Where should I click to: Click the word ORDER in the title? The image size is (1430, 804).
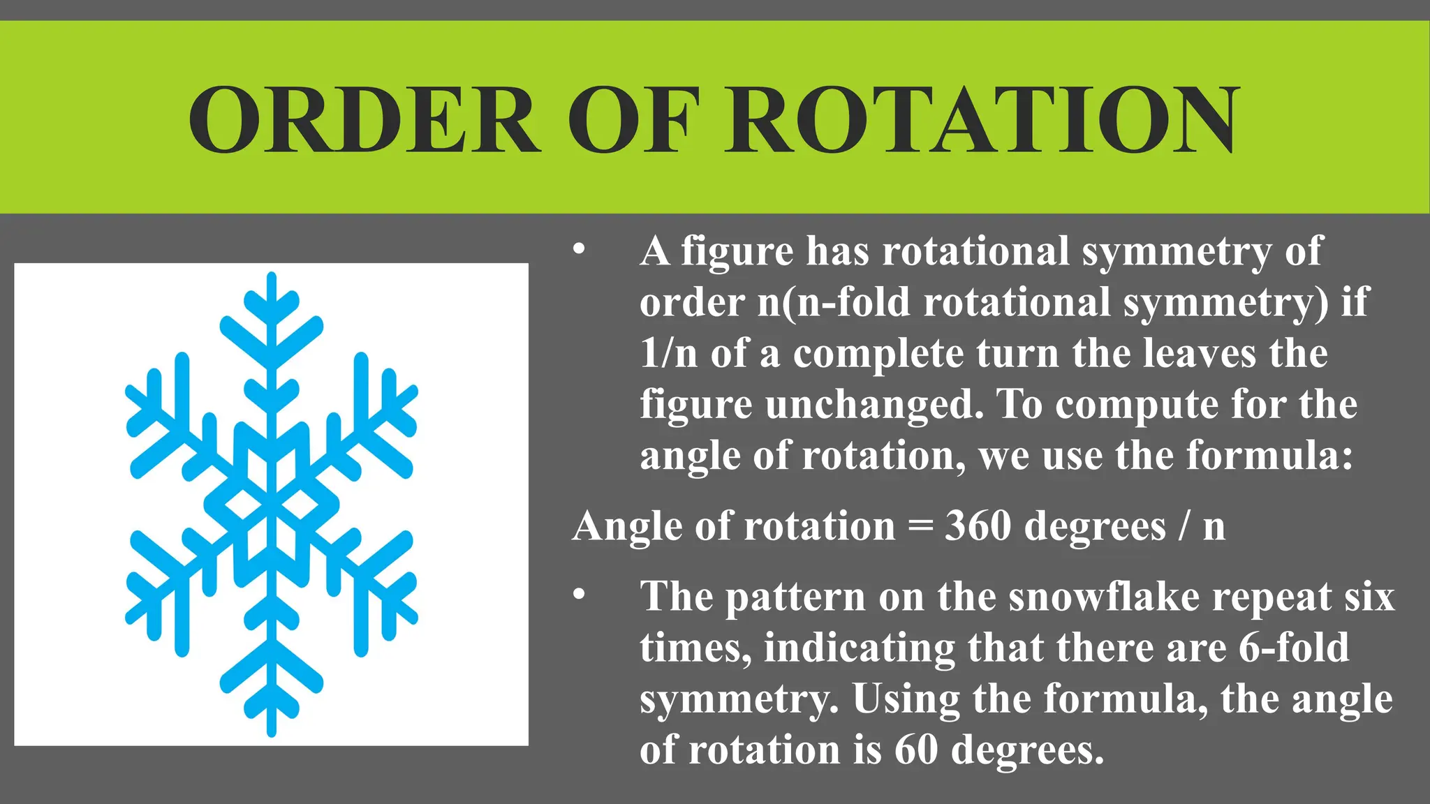coord(364,120)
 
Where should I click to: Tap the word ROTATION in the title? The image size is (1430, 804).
coord(982,120)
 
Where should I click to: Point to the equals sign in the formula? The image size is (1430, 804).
coord(920,527)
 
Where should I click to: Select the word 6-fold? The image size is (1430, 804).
coord(1294,648)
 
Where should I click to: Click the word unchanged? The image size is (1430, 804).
coord(874,404)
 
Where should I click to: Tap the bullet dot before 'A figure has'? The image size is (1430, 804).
coord(578,251)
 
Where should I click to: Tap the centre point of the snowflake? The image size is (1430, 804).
coord(272,505)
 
